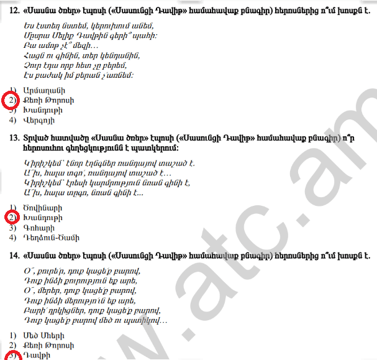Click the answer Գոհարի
click(x=37, y=228)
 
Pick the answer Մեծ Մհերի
click(x=43, y=335)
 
